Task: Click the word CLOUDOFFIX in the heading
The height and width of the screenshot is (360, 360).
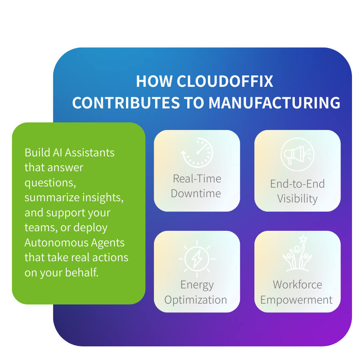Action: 225,82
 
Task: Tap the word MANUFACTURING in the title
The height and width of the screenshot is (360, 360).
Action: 274,103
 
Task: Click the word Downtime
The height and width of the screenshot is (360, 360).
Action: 196,194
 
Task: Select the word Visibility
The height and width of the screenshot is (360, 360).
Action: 297,199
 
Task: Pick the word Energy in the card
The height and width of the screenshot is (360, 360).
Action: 197,285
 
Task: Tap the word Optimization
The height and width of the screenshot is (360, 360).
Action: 196,300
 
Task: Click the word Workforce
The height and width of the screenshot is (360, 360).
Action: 297,285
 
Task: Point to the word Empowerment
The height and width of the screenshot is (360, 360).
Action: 296,300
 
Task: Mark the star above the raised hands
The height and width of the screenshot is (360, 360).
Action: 304,239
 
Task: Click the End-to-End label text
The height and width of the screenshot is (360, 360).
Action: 297,184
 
